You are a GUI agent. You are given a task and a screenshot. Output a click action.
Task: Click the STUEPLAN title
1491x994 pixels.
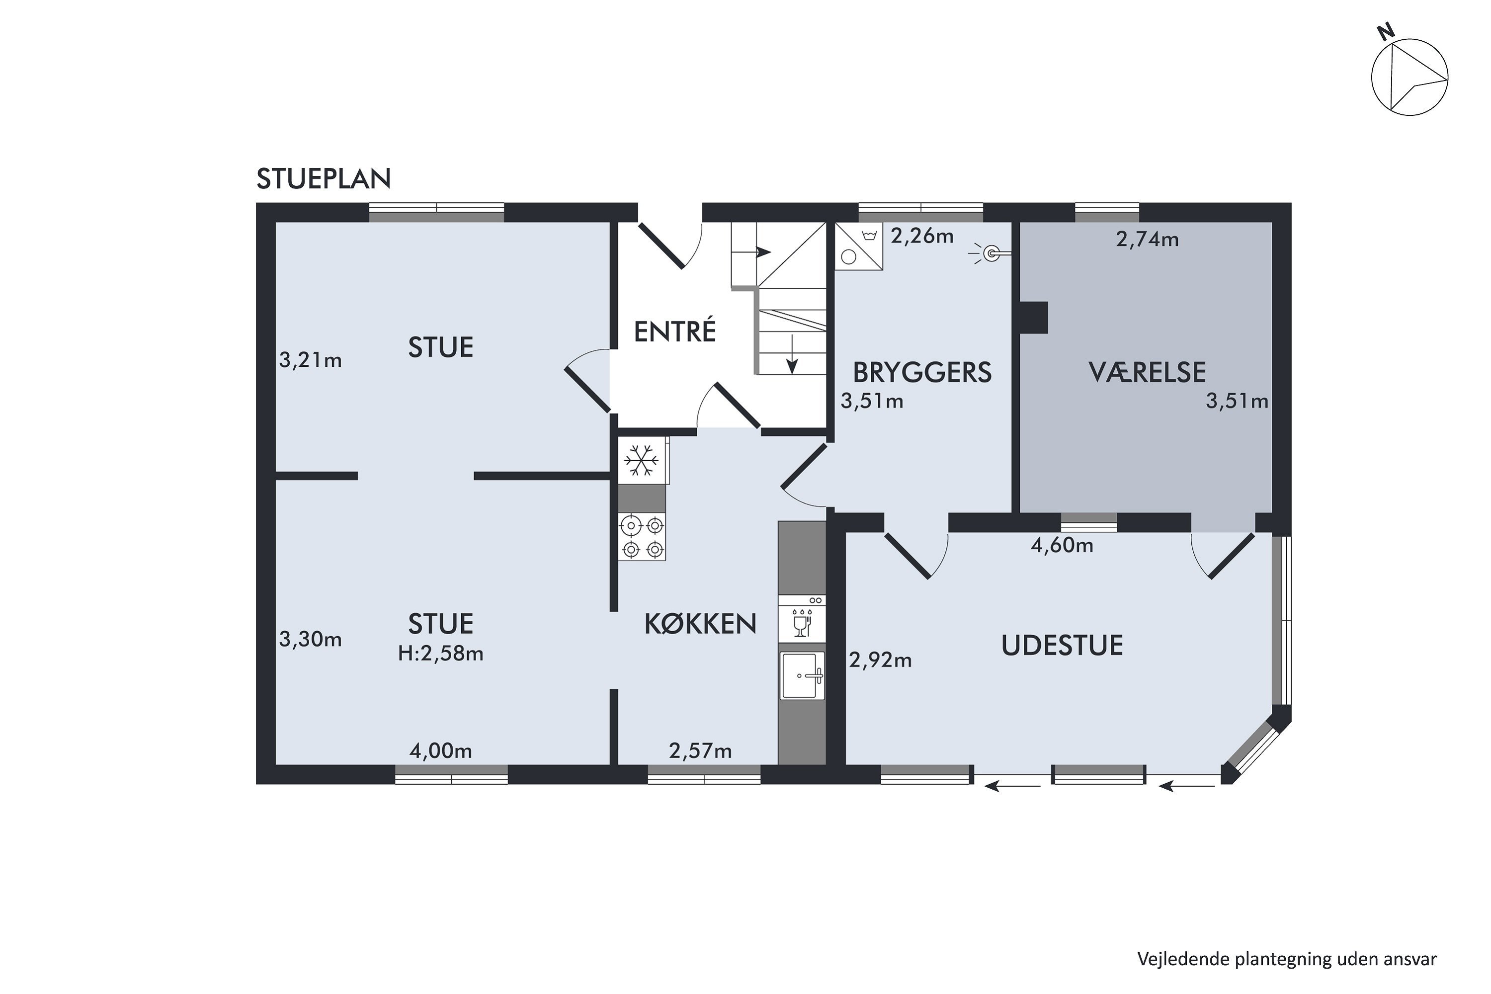coord(324,179)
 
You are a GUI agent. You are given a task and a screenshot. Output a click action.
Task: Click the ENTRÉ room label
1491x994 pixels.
coord(675,331)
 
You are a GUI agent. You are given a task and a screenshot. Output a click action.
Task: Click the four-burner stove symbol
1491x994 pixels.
coord(642,537)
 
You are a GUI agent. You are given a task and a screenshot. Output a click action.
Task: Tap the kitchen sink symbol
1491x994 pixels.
coord(802,676)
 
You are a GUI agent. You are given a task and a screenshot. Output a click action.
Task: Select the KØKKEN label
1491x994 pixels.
coord(700,624)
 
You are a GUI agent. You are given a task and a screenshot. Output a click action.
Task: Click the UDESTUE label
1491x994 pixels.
coord(1063,645)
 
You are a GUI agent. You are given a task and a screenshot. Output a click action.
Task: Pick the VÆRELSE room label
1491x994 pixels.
coord(1148,372)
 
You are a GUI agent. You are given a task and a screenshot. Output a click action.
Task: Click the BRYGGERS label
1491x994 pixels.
coord(922,372)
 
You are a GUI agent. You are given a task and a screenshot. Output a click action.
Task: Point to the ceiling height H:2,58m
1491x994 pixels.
coord(440,654)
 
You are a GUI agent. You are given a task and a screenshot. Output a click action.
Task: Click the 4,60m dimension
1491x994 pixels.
coord(1062,545)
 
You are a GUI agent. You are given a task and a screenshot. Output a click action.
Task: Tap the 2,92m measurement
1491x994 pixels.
coord(881,661)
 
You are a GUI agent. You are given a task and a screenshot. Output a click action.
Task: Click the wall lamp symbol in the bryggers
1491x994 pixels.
coord(990,254)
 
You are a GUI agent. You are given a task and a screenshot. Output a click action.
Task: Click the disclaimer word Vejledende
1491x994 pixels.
coord(1183,959)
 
